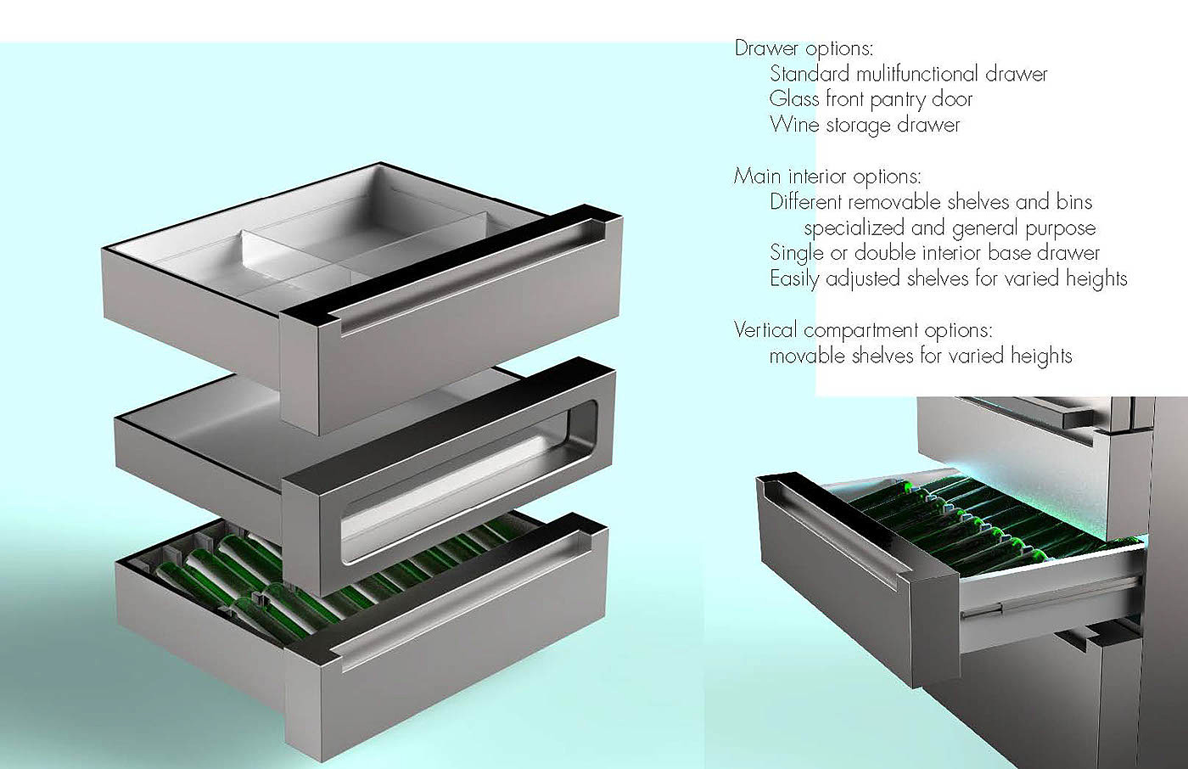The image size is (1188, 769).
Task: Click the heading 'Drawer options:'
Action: (x=804, y=48)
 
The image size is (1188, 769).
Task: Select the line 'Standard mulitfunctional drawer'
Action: (x=908, y=74)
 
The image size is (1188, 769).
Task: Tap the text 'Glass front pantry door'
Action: (x=871, y=99)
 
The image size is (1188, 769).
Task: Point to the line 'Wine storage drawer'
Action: (x=865, y=125)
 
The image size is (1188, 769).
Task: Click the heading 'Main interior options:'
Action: (x=827, y=177)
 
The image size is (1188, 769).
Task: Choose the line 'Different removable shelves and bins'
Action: (x=931, y=202)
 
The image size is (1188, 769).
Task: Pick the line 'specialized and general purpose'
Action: (x=950, y=228)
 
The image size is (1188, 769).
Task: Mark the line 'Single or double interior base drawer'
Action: (x=934, y=253)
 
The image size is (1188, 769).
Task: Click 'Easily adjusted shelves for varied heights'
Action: (x=948, y=278)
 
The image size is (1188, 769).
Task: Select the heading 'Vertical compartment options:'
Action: (x=863, y=329)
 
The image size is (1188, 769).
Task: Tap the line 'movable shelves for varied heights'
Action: (x=921, y=356)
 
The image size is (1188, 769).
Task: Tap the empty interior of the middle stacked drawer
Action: (x=255, y=424)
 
